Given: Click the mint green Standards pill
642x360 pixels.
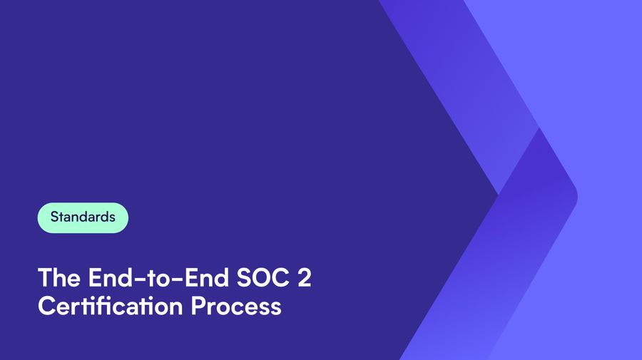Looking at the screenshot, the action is [x=83, y=217].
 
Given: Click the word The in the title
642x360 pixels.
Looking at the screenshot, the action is [x=59, y=277].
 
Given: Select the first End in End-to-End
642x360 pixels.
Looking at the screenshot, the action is [x=110, y=277].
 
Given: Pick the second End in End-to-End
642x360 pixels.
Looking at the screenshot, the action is [x=207, y=277].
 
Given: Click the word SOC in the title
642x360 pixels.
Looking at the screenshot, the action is [x=263, y=277].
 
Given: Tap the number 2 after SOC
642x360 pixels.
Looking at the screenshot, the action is [x=304, y=277].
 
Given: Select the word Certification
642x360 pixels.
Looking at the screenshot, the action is [x=110, y=306].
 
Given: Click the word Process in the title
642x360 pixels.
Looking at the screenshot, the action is [x=236, y=307].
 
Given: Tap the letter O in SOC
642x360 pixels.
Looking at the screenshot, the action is [x=263, y=277].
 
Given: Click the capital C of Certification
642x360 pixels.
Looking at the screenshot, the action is [x=46, y=306].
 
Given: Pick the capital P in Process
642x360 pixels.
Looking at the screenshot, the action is [x=198, y=306].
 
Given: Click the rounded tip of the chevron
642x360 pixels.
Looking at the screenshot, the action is [x=576, y=196].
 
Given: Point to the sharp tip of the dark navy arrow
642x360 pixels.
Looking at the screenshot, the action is [x=497, y=195].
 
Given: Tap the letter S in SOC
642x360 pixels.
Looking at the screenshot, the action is [x=244, y=277].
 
